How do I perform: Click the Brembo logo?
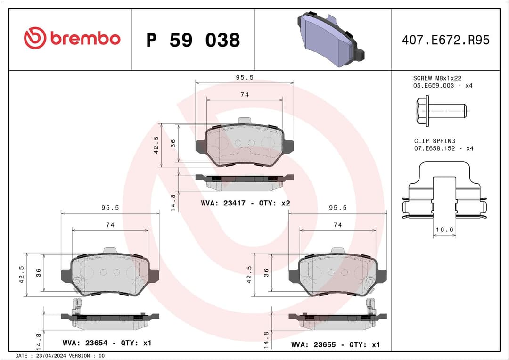tap(72, 39)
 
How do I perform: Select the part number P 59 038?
tap(193, 40)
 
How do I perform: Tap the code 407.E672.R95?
tap(445, 40)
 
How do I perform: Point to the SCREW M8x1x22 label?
tap(437, 78)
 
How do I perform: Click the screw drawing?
tap(441, 111)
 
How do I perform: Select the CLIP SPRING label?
tap(435, 141)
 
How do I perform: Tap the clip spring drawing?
tap(444, 191)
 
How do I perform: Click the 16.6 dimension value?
tap(444, 229)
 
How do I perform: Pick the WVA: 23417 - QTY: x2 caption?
tap(245, 203)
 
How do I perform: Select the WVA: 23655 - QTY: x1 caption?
tap(335, 345)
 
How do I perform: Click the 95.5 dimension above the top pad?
tap(245, 78)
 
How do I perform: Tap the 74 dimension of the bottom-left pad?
tap(110, 225)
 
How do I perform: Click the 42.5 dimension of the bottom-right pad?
tap(250, 274)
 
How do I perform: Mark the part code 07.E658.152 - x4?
tap(443, 148)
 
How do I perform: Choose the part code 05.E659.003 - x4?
tap(443, 86)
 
